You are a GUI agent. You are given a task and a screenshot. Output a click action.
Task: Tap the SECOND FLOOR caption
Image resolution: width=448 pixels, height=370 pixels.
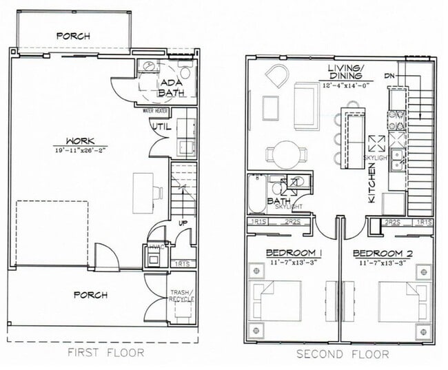[x=342, y=354]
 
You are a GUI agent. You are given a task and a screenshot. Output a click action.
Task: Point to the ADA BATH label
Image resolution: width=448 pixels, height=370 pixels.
[x=171, y=88]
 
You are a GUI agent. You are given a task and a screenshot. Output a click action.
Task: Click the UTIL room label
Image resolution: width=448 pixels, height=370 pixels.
[x=160, y=126]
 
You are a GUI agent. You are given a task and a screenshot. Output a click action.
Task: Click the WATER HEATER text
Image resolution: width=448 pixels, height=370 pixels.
[x=156, y=110]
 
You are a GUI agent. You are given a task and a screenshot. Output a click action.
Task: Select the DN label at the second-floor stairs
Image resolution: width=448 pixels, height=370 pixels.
[x=389, y=74]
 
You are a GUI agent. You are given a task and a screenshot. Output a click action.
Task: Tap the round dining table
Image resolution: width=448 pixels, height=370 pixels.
[x=283, y=154]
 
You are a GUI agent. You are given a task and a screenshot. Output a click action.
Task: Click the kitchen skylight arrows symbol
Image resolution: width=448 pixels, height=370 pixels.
[x=377, y=145]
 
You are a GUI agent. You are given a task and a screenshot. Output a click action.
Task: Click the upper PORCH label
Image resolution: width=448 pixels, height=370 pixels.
[x=73, y=36]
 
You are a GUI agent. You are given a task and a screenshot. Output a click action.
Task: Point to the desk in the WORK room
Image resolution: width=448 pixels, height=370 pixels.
[x=143, y=187]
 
